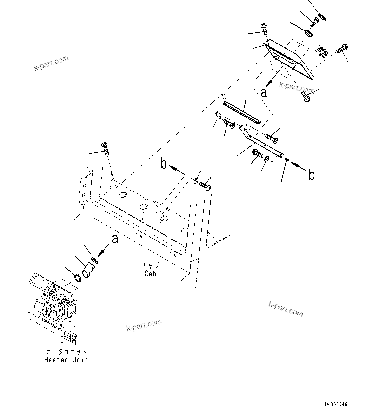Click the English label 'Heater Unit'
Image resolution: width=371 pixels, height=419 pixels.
pos(66,360)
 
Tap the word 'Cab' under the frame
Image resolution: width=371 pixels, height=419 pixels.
pos(150,274)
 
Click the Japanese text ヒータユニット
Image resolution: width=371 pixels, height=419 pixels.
pos(66,352)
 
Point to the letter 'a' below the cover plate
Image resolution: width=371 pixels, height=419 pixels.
pos(264,92)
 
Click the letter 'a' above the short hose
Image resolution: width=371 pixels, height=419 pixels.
pos(115,239)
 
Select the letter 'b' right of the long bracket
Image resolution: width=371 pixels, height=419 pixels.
pos(312,175)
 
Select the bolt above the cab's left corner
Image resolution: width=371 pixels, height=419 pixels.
pos(105,149)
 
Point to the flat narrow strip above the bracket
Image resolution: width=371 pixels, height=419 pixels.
pos(242,113)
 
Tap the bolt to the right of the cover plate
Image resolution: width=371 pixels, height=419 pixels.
pos(342,49)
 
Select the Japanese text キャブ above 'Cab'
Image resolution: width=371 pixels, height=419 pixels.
pos(150,266)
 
